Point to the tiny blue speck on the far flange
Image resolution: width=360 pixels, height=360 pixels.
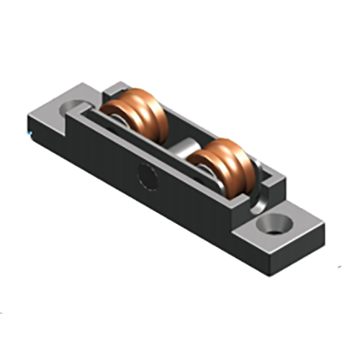[x=30, y=134]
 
